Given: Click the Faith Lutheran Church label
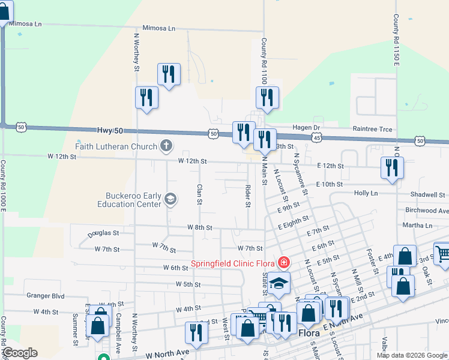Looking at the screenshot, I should coord(116,146).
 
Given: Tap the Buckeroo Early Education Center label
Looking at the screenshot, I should coord(132,200).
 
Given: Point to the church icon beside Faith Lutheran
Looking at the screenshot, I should coord(166,145).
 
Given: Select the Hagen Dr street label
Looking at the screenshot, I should coord(307,127).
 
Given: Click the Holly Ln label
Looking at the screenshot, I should coord(366,193).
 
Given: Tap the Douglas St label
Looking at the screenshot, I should coord(103,233).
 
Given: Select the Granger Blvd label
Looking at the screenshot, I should coord(45,295).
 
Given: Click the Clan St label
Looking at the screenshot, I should coord(199,194).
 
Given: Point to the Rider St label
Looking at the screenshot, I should coord(247,196).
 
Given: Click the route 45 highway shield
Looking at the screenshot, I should coord(316,139).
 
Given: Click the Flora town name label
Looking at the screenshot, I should coord(310,331).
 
